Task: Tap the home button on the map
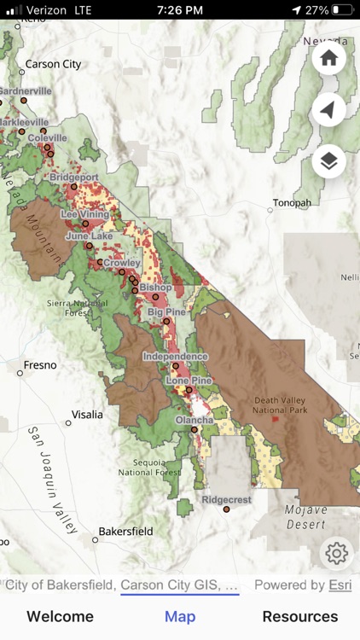(x=328, y=59)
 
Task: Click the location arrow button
(x=328, y=109)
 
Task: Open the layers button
(x=328, y=160)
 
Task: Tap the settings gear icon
(x=336, y=554)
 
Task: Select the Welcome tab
(x=60, y=616)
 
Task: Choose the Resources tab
(x=299, y=616)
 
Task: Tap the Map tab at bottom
(x=180, y=616)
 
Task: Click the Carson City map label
(x=53, y=64)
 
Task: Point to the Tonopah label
(x=292, y=203)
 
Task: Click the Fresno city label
(x=40, y=365)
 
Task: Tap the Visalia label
(x=87, y=415)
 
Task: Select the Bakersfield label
(x=125, y=531)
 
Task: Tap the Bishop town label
(x=155, y=288)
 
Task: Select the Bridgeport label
(x=74, y=177)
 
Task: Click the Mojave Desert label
(x=305, y=515)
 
